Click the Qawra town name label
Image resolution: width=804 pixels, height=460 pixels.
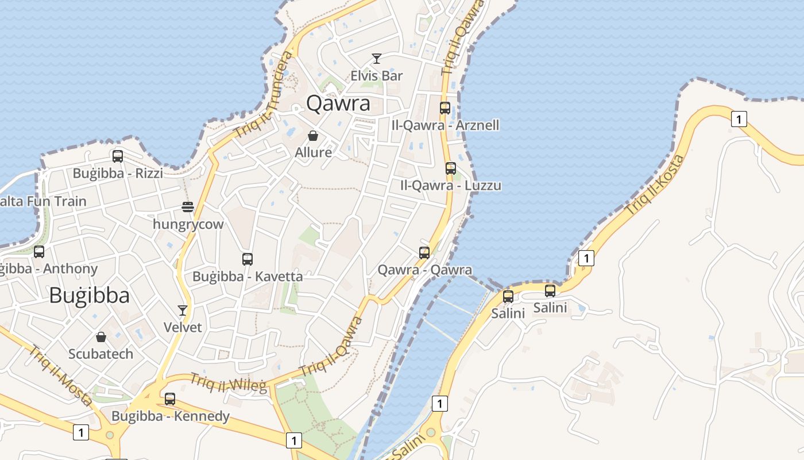coord(338,103)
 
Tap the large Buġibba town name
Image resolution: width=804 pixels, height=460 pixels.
coord(89,295)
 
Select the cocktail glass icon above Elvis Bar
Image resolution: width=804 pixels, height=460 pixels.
coord(377,58)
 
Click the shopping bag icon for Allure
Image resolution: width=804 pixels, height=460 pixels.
coord(313,136)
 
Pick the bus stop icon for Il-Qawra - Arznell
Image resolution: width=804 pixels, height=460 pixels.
coord(445,108)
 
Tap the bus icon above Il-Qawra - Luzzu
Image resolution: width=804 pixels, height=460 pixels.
coord(451,168)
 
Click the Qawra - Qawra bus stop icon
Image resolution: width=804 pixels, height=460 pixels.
coord(424,252)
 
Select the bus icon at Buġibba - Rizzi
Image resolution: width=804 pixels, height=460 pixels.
coord(118,156)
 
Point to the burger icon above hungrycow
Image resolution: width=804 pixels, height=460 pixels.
coord(188,206)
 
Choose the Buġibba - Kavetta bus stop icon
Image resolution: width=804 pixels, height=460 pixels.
coord(248,259)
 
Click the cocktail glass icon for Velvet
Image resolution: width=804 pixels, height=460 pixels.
coord(183,310)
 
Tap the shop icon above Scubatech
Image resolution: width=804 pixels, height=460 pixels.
coord(101,336)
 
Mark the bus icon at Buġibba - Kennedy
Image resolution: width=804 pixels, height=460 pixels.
coord(170,398)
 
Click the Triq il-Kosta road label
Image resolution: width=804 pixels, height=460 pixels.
coord(655,186)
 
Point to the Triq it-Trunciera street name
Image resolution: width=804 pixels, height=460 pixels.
coord(264,95)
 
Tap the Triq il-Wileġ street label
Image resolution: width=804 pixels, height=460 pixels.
coord(229,383)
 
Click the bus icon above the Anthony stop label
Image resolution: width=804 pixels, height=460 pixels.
coord(39,251)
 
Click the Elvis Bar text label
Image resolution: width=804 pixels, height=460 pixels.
coord(377,75)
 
